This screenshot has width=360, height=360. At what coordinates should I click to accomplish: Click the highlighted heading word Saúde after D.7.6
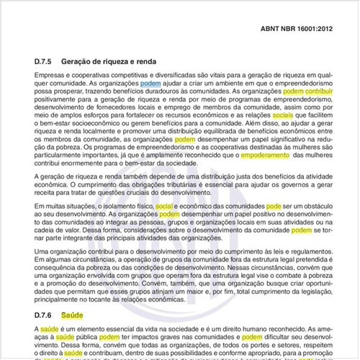coord(73,315)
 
